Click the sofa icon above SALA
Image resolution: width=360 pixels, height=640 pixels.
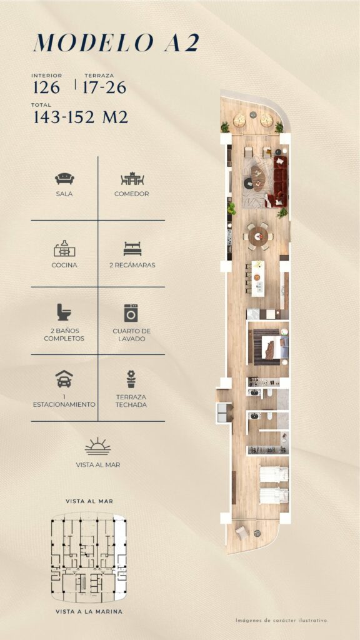(64, 178)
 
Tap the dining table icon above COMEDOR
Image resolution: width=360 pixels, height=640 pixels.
(132, 179)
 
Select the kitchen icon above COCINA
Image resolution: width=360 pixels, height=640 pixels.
(64, 249)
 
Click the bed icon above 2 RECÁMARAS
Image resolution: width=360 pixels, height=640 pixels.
(132, 249)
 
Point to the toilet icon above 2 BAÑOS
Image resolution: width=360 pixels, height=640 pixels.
(64, 312)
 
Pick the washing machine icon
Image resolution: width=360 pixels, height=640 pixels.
(131, 313)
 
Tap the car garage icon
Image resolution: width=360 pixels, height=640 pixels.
(64, 379)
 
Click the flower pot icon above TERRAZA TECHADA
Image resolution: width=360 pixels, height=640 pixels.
(131, 379)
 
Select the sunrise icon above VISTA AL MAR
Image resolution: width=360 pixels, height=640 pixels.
(98, 446)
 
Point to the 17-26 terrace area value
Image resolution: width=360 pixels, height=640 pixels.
(104, 87)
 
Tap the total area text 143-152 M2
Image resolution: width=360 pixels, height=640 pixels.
(81, 117)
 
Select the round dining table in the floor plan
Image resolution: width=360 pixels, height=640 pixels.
(258, 236)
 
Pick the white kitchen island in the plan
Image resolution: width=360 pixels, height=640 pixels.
(257, 278)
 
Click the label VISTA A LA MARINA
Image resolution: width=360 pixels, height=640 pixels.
(89, 611)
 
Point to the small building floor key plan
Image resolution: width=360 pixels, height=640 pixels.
(89, 557)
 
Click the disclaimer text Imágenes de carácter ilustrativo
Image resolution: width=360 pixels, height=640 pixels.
(282, 621)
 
